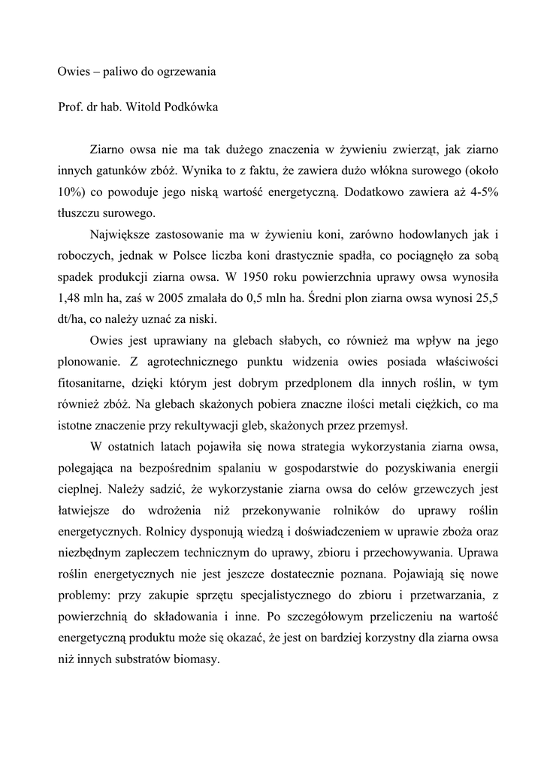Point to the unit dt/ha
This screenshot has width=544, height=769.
coord(71,318)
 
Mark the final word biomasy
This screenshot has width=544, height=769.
coord(197,660)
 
